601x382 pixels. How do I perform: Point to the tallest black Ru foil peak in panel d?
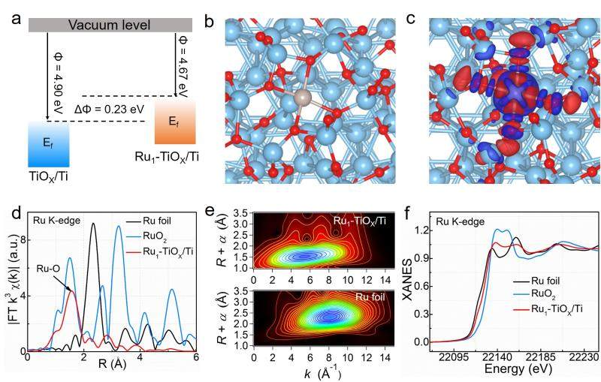[93, 224]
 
